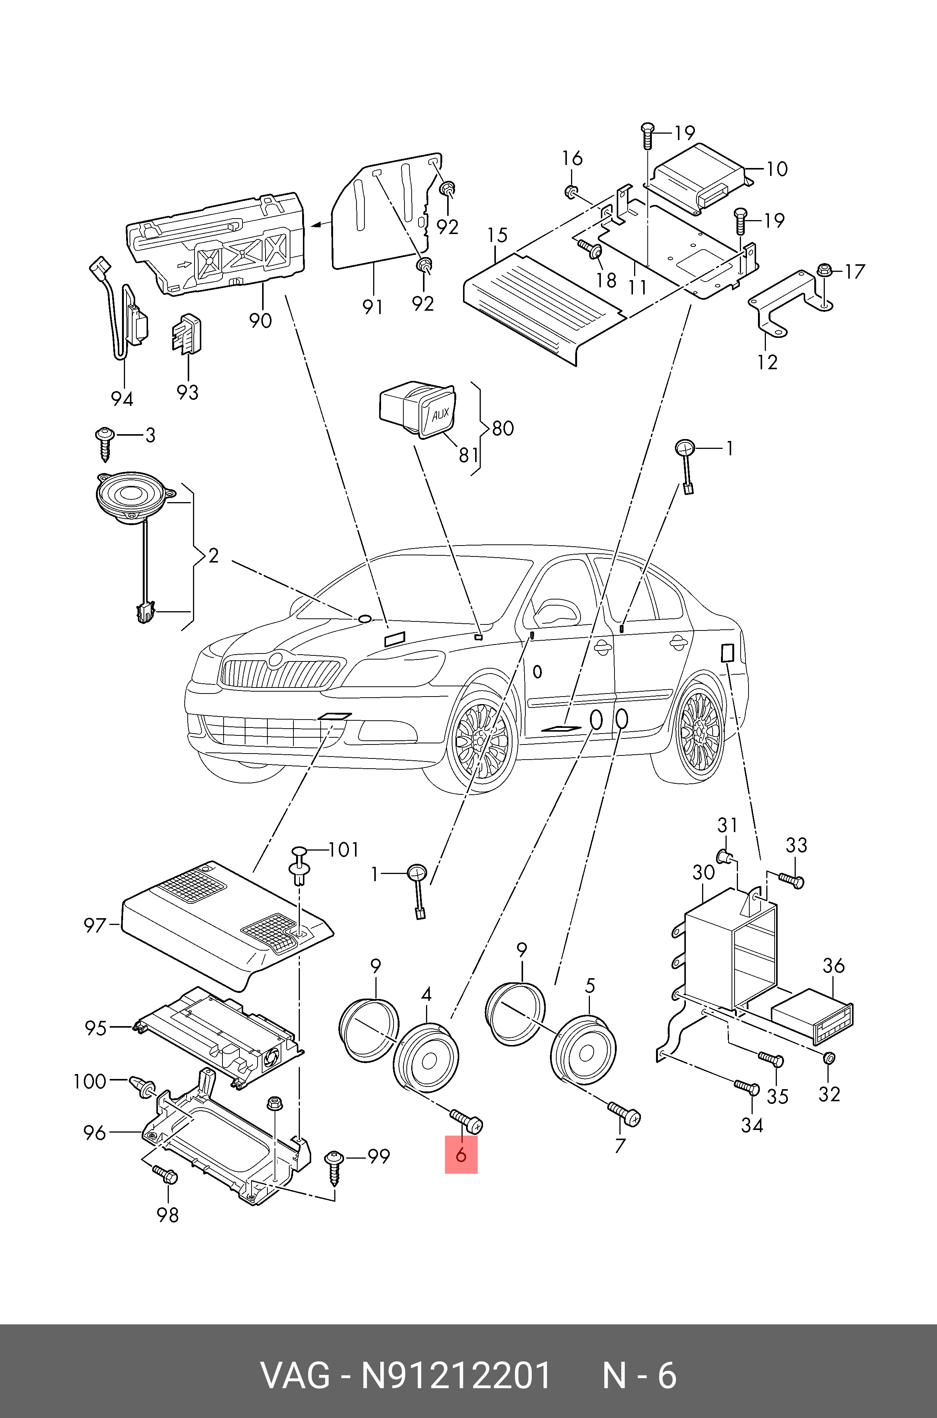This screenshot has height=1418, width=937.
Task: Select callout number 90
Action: pyautogui.click(x=261, y=321)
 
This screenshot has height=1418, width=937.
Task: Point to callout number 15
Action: pyautogui.click(x=497, y=235)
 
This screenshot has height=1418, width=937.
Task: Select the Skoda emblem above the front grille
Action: pyautogui.click(x=275, y=660)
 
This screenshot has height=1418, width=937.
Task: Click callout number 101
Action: pyautogui.click(x=344, y=849)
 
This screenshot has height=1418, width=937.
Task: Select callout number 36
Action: pyautogui.click(x=833, y=965)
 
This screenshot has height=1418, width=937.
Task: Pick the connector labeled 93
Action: pyautogui.click(x=187, y=333)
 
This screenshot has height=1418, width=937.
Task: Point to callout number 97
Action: pyautogui.click(x=94, y=926)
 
